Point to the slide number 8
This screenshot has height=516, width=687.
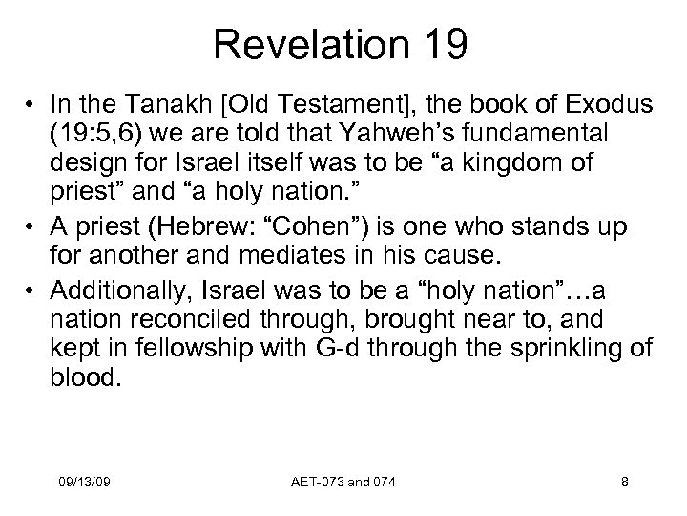[624, 484]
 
